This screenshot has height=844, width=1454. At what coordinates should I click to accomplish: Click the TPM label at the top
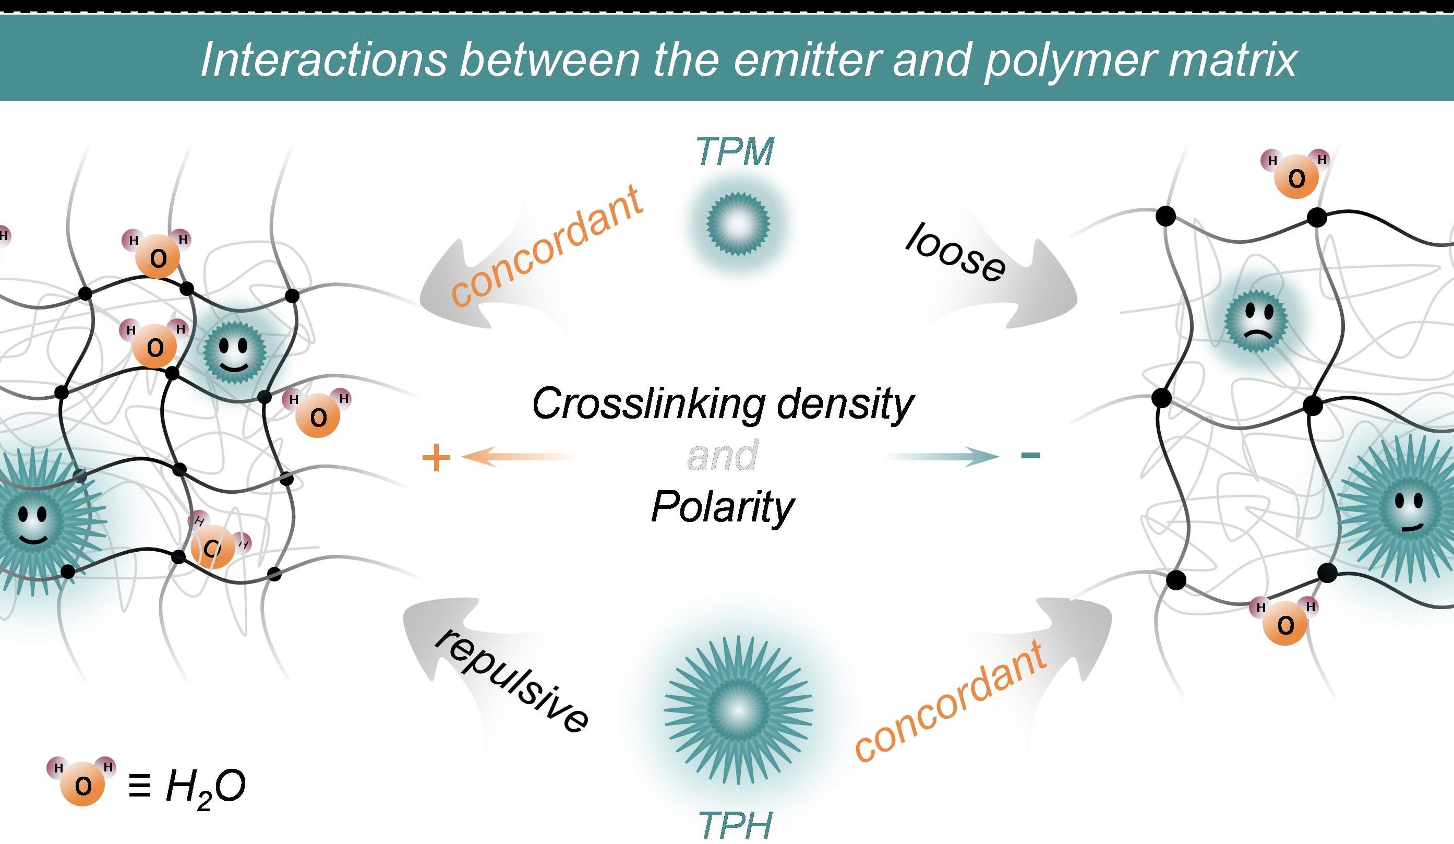pos(735,152)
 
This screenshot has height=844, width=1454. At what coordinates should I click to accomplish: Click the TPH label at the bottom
pos(735,826)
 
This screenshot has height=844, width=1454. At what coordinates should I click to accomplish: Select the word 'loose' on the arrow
pos(955,253)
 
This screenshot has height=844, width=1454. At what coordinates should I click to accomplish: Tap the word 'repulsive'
pos(512,681)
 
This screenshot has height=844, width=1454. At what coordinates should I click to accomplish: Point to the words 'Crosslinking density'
pos(723,403)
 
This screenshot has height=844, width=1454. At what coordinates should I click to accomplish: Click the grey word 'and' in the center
pos(723,455)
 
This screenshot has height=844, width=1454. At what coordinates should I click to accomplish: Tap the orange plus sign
pos(436,458)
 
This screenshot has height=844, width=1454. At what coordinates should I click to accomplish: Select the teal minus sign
pos(1030,456)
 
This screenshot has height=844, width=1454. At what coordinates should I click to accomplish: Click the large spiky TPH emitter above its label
pos(739,710)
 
